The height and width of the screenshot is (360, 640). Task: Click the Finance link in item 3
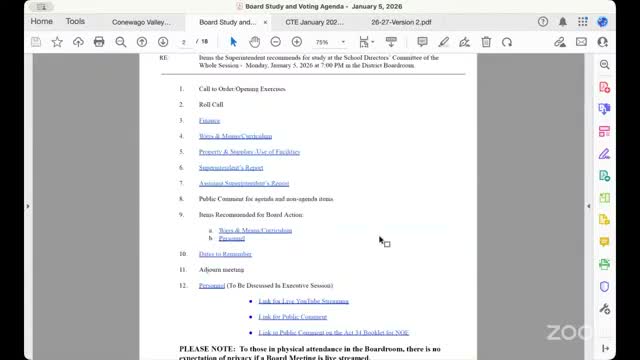coord(209,120)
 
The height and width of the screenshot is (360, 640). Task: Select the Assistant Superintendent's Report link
coord(244,183)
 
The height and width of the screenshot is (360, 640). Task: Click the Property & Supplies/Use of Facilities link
coord(249,152)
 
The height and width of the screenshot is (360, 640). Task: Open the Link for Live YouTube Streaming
coord(303,301)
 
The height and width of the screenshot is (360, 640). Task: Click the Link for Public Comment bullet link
coord(292,316)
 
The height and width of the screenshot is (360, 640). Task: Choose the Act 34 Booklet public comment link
coord(333,332)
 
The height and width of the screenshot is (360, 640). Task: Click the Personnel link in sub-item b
coord(231,238)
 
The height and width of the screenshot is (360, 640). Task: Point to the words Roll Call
coord(211,104)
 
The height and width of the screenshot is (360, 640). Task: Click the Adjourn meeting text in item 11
coord(221,270)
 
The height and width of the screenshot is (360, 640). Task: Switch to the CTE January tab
coord(316,21)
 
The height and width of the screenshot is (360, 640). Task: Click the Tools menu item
coord(75,21)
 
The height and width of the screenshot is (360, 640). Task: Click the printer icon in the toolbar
coord(99,42)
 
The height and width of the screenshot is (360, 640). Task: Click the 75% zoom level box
coord(325,42)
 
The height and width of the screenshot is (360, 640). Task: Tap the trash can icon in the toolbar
coord(486,42)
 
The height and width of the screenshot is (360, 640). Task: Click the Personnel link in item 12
coord(211,285)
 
